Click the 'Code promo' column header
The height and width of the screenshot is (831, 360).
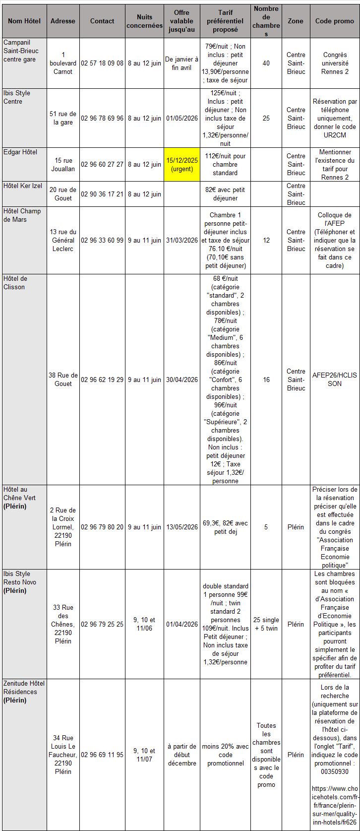pos(335,21)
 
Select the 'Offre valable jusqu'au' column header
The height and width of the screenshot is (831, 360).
pos(182,21)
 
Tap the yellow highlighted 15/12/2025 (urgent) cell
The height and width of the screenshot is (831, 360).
pos(182,165)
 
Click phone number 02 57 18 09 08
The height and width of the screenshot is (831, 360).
pos(102,64)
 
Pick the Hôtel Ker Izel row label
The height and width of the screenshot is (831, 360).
pos(23,186)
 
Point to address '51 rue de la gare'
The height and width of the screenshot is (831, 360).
pos(63,119)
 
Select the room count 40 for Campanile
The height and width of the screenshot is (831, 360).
pos(266,64)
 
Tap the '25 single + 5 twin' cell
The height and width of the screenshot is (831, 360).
pos(266,624)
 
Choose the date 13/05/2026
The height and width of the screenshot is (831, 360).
pos(182,527)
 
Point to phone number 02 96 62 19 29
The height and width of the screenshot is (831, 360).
pos(102,380)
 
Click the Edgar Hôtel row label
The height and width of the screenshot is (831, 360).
pos(20,152)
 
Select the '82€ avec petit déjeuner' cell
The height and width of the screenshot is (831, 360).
pos(225,194)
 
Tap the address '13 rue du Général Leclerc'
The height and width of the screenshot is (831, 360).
pos(63,240)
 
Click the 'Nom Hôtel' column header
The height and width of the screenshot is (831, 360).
pos(24,21)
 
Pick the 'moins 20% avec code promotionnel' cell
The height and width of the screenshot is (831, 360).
pos(225,755)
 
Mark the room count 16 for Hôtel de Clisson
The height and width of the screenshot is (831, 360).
pos(266,380)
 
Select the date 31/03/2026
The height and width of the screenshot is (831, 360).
pos(182,240)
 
